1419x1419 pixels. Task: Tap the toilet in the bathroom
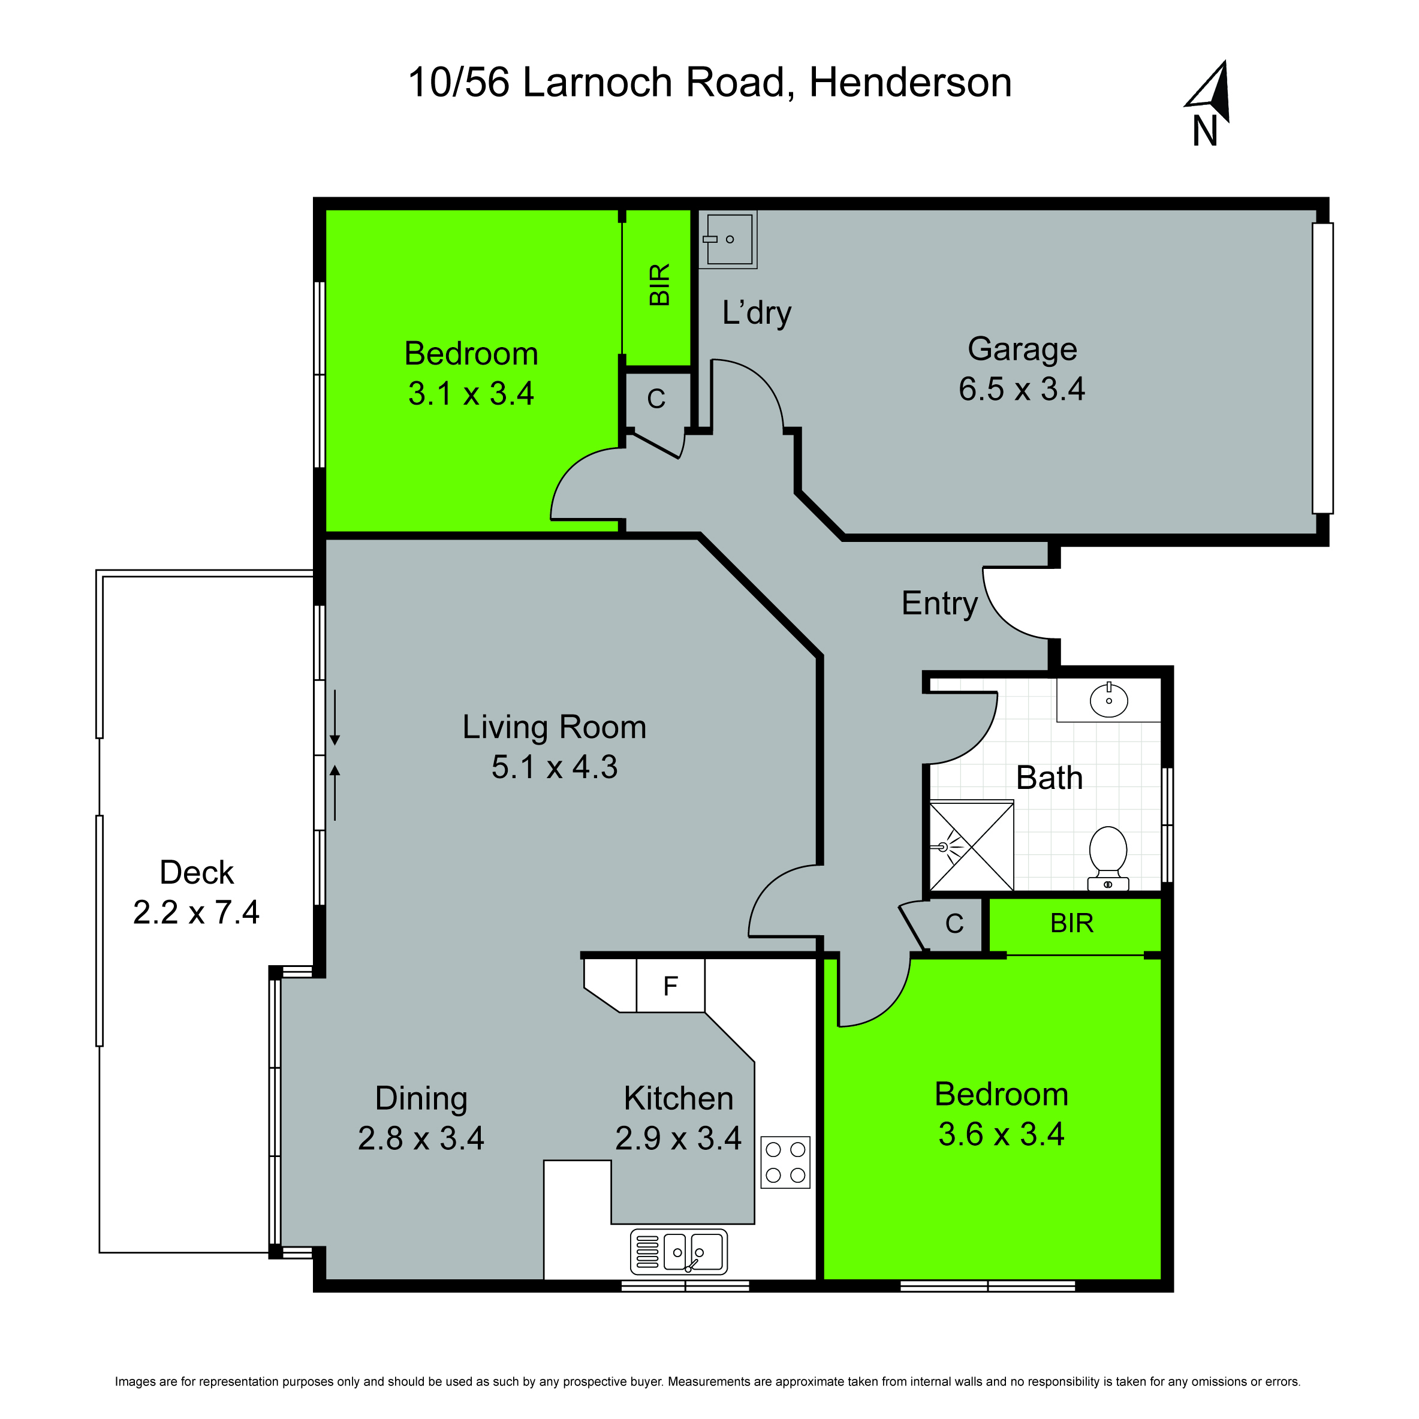[1108, 857]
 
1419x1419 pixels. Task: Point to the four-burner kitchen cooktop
[785, 1162]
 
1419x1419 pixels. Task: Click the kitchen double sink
[679, 1252]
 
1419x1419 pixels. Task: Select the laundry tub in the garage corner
[728, 239]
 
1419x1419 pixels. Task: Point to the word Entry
[939, 604]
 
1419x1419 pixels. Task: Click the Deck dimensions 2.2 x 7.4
[196, 912]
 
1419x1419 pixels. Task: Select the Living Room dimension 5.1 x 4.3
[555, 767]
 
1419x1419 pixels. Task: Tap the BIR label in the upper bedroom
[659, 284]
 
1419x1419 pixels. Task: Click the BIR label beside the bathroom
[1072, 923]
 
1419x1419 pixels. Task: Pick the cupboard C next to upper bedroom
[656, 399]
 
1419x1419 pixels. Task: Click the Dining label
[421, 1099]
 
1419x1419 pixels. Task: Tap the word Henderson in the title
[910, 82]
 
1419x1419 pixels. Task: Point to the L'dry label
[757, 313]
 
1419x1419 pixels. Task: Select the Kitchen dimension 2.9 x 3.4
[678, 1138]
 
